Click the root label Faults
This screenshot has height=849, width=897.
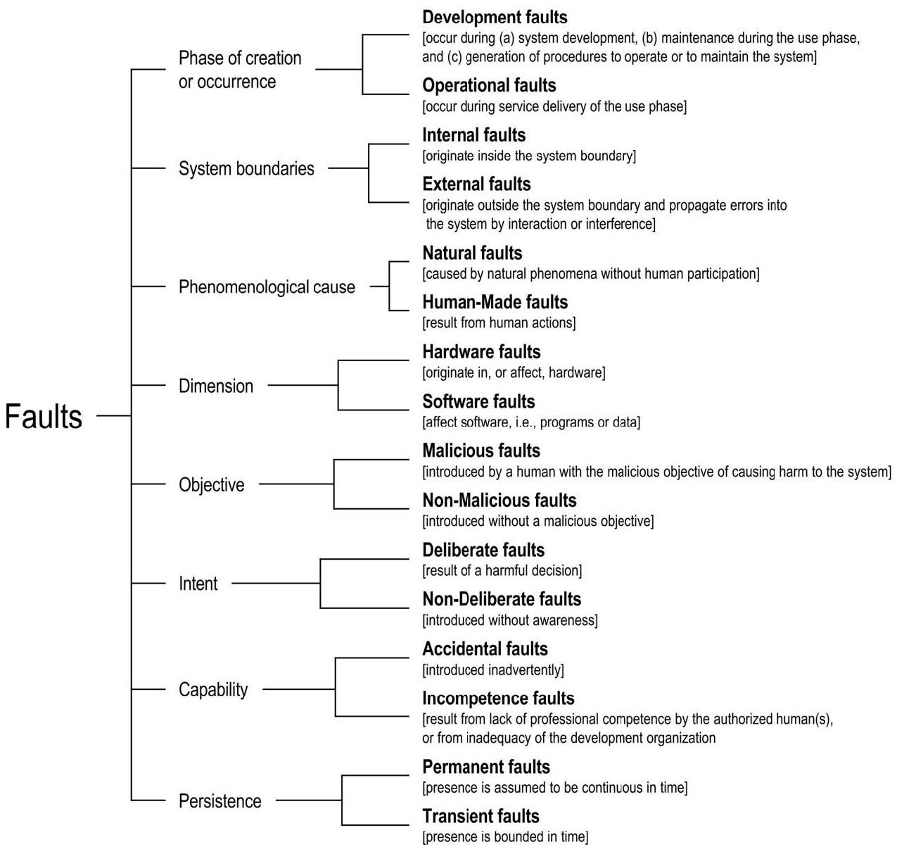(x=44, y=416)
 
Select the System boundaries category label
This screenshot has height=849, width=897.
(x=246, y=168)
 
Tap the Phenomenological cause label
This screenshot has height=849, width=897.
(x=267, y=287)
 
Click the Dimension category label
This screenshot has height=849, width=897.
(x=216, y=386)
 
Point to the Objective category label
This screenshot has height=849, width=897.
(x=211, y=484)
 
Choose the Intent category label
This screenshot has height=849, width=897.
(x=198, y=584)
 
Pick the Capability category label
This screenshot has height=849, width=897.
(x=213, y=690)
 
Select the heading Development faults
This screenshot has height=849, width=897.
(x=495, y=18)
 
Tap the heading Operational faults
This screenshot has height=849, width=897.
(x=489, y=85)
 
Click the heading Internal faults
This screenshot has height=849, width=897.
(x=473, y=134)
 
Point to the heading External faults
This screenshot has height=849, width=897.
(x=476, y=184)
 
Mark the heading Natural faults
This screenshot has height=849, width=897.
(x=472, y=253)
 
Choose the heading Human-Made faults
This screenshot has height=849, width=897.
(x=495, y=302)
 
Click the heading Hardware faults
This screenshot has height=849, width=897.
(x=481, y=352)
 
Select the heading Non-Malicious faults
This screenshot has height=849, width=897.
(x=499, y=500)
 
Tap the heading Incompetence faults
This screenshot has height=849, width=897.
(x=498, y=698)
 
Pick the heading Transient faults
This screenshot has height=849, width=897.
(x=481, y=816)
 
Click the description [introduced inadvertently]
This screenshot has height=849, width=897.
(x=492, y=670)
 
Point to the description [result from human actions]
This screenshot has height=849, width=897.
(x=499, y=323)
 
